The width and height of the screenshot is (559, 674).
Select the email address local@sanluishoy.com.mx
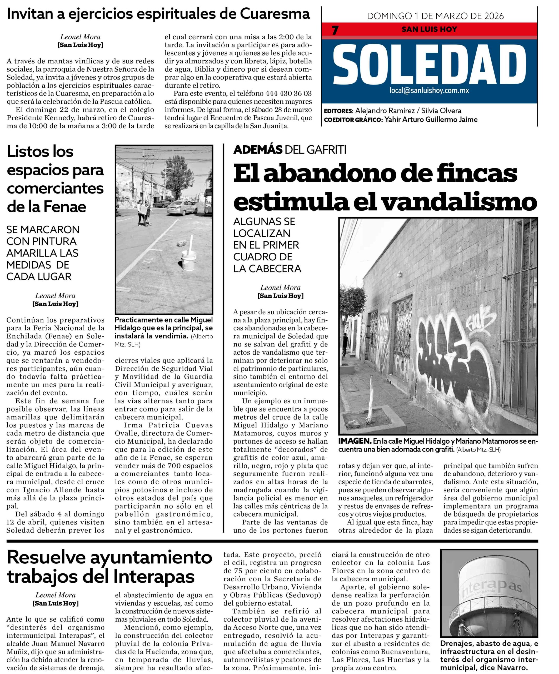[429, 91]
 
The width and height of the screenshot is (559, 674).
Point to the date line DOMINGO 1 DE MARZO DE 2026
[435, 16]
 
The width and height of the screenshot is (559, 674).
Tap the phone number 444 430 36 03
[288, 93]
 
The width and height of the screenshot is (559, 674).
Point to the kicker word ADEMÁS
[258, 150]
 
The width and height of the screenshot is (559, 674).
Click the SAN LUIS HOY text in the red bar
[429, 29]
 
